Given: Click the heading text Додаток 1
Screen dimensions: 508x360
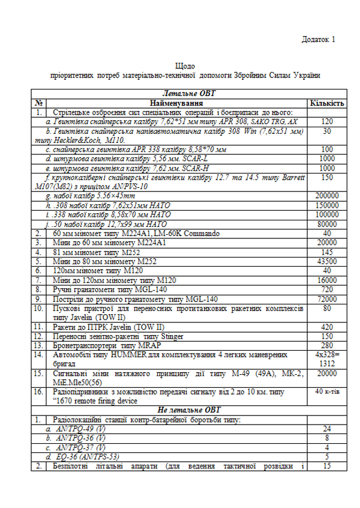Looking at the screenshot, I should pos(316,39).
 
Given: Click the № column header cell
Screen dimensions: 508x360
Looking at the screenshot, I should pos(38,103).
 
